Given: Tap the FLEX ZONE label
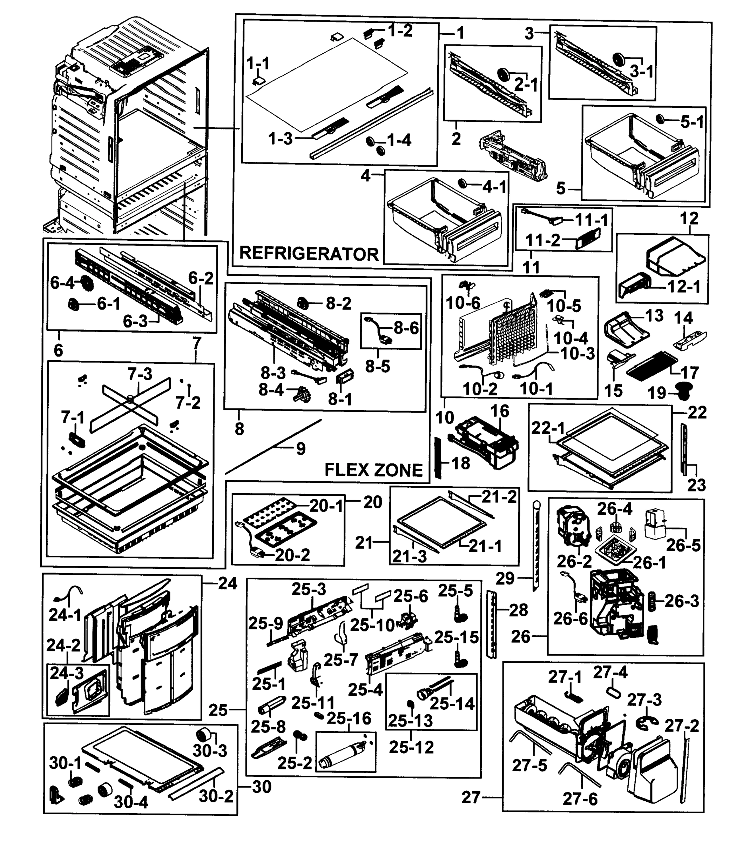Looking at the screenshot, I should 373,470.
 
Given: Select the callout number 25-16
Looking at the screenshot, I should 349,718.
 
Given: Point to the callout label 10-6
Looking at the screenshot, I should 463,303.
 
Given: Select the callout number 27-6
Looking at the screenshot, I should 580,799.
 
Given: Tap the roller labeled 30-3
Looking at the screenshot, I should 203,735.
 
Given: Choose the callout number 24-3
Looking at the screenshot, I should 67,673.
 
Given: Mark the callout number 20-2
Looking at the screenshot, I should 292,555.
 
